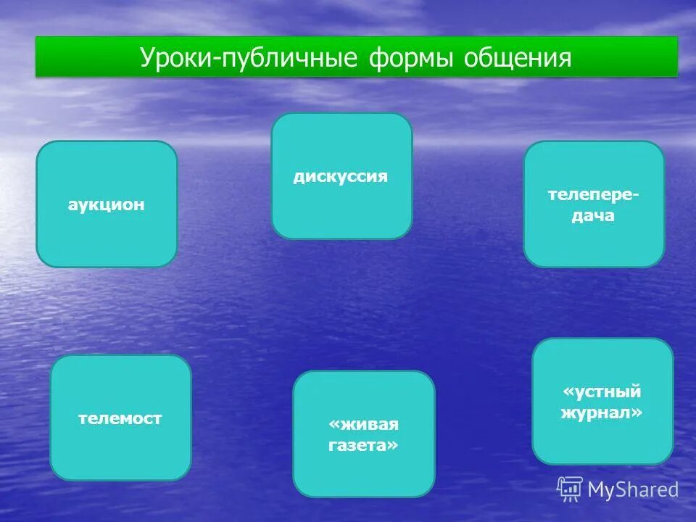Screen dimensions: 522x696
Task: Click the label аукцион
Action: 107,204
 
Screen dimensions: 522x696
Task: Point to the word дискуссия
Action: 341,177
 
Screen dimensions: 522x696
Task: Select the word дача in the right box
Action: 594,215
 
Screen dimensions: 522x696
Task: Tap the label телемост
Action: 120,418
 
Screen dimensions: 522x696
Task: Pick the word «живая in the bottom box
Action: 364,424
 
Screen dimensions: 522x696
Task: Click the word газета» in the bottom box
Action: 364,446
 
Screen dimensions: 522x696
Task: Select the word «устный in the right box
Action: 602,392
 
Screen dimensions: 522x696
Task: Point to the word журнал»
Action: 602,413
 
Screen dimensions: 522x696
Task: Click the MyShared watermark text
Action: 633,490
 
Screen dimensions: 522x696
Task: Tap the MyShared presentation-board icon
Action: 570,489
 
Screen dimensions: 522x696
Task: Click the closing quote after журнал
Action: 637,413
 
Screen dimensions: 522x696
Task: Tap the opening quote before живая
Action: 333,424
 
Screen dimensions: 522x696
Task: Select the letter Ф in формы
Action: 378,58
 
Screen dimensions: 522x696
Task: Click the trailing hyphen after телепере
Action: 637,196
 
